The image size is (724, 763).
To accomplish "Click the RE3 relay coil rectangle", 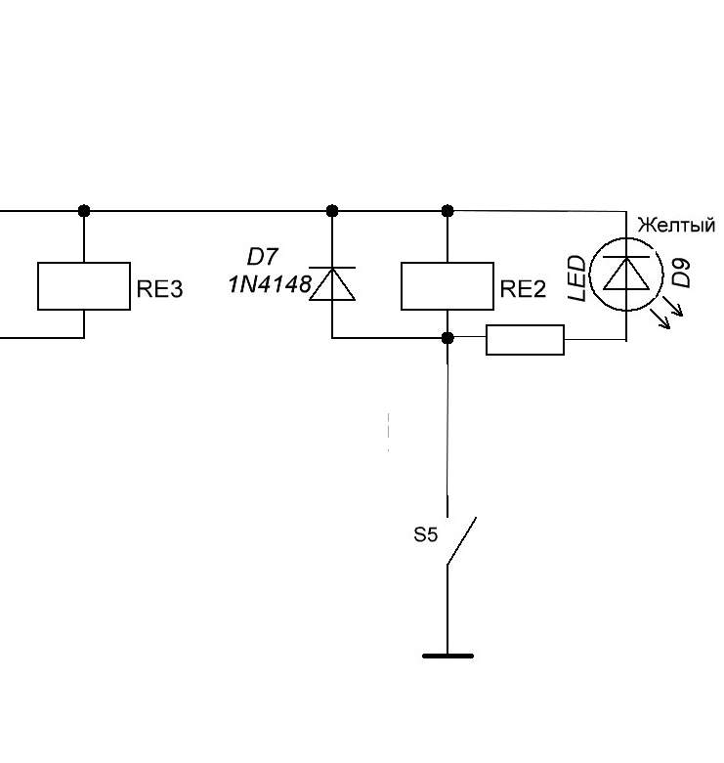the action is coord(84,262).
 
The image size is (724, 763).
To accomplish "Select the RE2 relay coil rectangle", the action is coord(447,262).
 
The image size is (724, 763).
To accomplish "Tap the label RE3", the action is coord(159,289).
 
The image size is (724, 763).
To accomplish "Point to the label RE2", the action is coord(523,289).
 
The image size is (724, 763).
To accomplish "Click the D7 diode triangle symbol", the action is coord(332,283).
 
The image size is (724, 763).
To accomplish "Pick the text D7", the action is coord(262,257).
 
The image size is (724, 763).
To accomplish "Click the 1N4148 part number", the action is coord(270,284).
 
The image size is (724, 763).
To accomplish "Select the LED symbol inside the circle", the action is coord(626,274).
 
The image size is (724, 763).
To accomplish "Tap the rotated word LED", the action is coord(577,278).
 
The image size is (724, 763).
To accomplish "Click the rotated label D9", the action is coord(681,273).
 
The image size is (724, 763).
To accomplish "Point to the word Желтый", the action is coord(676,226).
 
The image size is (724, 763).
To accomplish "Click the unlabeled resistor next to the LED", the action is coord(525,340).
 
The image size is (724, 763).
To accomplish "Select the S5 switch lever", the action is coord(461,540).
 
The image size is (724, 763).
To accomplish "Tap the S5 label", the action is coord(425,534).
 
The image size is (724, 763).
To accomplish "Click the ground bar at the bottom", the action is coord(447,656).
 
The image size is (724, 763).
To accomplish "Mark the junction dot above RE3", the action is coord(84,211).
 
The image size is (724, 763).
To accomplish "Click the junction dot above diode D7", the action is coord(332,211).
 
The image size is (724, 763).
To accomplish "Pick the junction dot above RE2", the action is coord(447,211).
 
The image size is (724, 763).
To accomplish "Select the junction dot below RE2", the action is coord(447,338).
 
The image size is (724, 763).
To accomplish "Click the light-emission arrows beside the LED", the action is coord(670,315).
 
